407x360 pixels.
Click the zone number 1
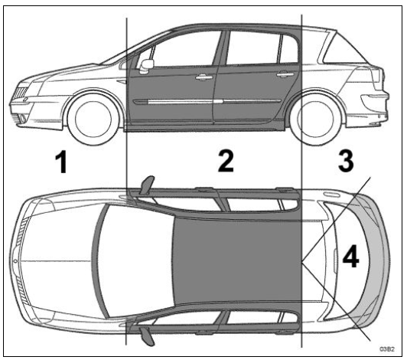point(61,162)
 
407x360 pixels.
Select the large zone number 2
point(226,162)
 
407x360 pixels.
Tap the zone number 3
point(346,161)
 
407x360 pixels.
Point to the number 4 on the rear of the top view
point(350,257)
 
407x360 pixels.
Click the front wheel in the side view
point(93,119)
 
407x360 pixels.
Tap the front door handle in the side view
point(203,77)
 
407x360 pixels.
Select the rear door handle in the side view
point(285,74)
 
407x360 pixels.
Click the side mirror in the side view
point(146,67)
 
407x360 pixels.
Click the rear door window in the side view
point(253,47)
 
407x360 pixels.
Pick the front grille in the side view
point(20,93)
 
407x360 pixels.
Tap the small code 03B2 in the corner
point(387,349)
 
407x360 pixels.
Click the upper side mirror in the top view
point(147,185)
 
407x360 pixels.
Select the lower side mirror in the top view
point(147,335)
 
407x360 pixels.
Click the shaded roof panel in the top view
point(236,260)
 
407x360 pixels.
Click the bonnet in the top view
point(58,260)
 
